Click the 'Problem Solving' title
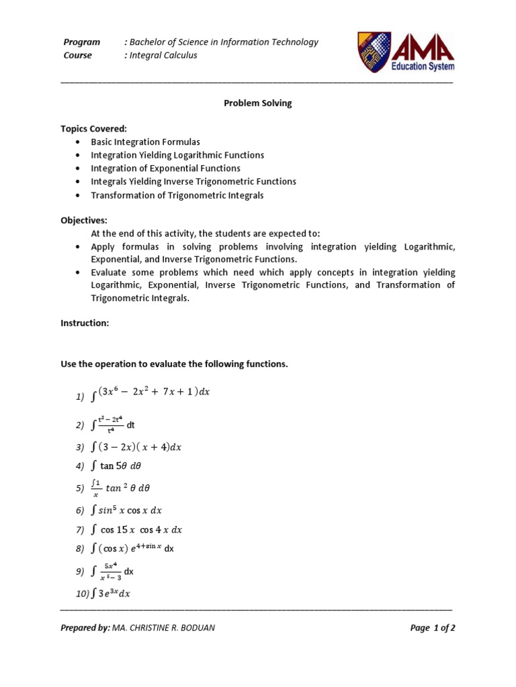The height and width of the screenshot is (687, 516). pos(257,103)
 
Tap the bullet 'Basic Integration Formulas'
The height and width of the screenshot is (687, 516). pos(146,142)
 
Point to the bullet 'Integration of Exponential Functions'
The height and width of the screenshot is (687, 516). pos(166,168)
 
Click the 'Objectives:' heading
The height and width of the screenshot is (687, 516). pos(84,220)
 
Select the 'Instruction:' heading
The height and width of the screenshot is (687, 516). pos(85,323)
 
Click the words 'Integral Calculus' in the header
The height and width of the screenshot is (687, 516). pos(161,55)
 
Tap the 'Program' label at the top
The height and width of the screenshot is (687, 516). pos(81,42)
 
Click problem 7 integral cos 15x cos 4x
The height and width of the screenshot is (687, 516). pos(138,529)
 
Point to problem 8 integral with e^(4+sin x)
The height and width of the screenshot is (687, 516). pos(133,548)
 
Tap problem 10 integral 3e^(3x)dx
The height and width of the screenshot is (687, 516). pos(111,594)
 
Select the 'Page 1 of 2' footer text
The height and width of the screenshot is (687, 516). pos(433,628)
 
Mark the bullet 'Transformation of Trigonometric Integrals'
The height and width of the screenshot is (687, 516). pos(177,195)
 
